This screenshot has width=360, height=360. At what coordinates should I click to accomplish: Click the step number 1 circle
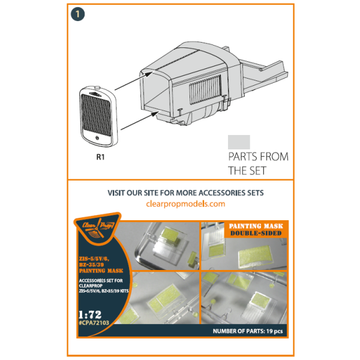(78, 14)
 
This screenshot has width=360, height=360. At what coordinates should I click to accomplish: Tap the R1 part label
(100, 157)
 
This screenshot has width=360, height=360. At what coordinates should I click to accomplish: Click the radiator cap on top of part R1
(97, 87)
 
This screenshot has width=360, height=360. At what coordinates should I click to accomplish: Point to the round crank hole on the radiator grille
(97, 138)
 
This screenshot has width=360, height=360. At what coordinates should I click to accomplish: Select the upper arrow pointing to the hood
(134, 80)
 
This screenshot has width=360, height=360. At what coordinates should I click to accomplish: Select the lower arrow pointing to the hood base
(140, 121)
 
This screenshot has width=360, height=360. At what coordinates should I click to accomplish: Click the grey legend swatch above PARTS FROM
(239, 142)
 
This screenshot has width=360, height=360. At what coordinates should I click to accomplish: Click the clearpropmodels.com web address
(185, 204)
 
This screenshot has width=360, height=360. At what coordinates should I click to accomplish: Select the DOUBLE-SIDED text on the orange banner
(256, 233)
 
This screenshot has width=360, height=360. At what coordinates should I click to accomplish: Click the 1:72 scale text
(90, 314)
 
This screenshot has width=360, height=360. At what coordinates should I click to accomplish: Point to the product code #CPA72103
(94, 323)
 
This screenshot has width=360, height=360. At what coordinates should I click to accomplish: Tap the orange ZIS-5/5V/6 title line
(94, 259)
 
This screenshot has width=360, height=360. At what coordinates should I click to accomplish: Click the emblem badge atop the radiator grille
(95, 94)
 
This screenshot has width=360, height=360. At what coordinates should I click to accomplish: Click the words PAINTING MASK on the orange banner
(256, 226)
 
